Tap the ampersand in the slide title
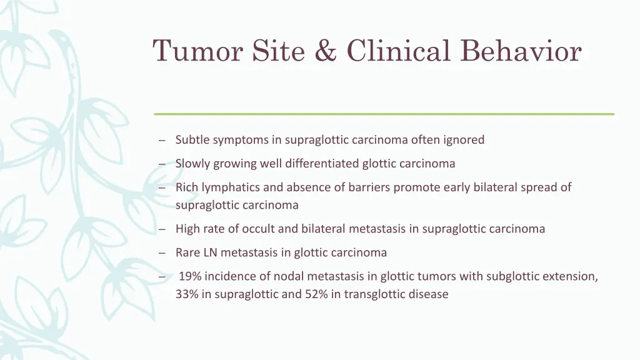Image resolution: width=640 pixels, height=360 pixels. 325,51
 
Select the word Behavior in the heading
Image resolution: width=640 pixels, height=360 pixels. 521,51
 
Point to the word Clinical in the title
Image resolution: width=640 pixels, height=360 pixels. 398,51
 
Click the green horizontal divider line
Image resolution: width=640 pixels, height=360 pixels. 384,114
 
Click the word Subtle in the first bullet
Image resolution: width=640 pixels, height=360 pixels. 192,140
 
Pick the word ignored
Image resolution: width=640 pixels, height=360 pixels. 464,140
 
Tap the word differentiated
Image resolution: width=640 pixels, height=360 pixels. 322,164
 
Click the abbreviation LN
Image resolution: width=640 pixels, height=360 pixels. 209,252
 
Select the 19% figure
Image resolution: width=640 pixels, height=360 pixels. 190,276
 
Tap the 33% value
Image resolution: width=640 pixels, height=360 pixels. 186,294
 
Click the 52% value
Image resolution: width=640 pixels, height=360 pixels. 316,294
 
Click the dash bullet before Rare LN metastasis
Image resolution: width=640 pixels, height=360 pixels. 162,253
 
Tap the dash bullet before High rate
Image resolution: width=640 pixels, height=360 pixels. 162,229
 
